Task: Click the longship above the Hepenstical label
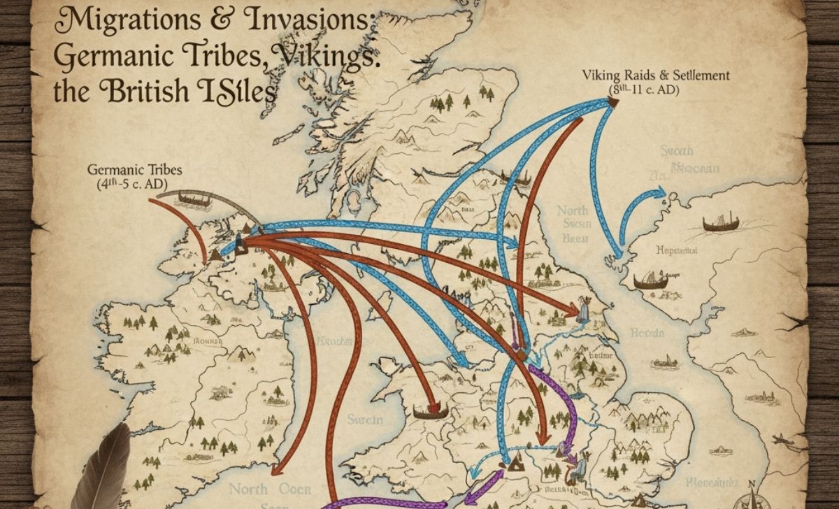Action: pyautogui.click(x=720, y=224)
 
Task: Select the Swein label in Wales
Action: pyautogui.click(x=366, y=420)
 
